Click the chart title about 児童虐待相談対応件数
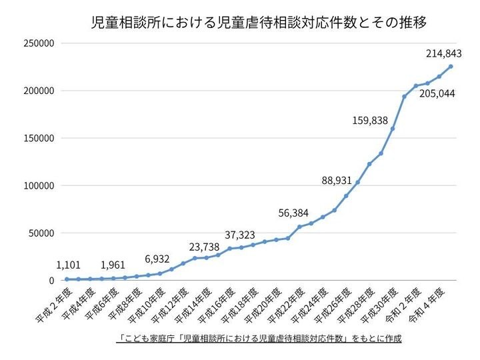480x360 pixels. coord(259,23)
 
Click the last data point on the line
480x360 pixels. coord(451,66)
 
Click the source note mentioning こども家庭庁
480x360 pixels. coord(259,339)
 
